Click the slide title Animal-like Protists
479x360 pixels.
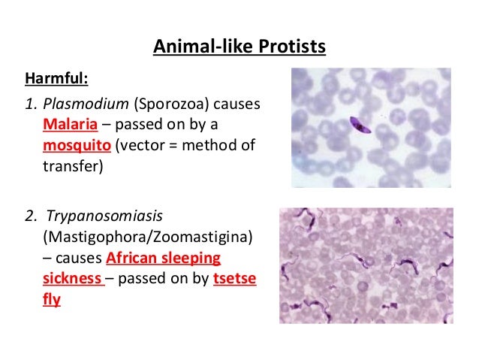[239, 48]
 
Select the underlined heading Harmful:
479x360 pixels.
[58, 78]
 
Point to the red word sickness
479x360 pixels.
[72, 279]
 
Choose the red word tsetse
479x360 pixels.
[235, 279]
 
